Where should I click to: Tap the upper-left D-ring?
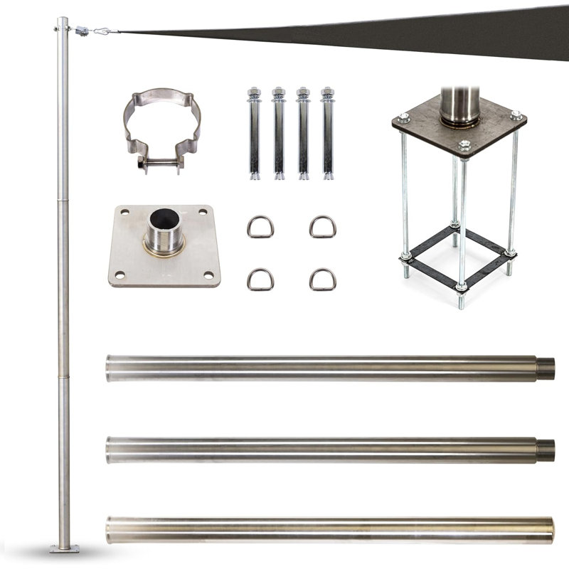tap(260, 227)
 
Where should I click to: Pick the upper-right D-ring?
tap(323, 227)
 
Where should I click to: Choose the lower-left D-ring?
tap(260, 279)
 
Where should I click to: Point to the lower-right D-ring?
tap(323, 279)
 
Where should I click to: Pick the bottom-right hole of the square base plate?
tap(208, 275)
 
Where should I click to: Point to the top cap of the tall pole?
tap(63, 21)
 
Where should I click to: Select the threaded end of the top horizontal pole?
tap(545, 368)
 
